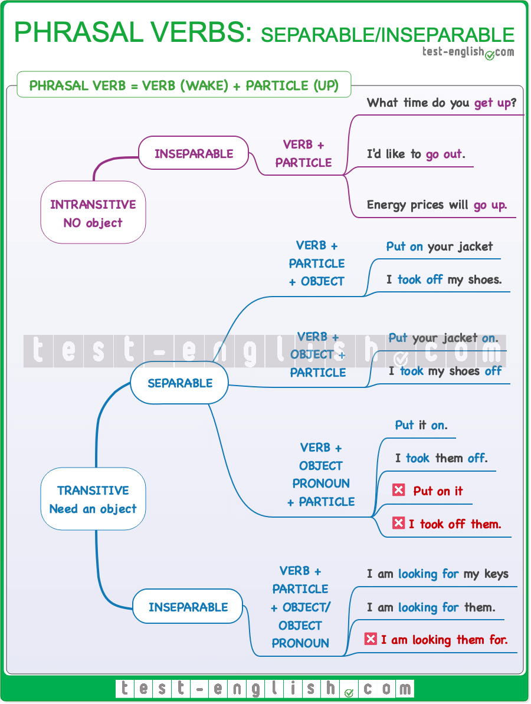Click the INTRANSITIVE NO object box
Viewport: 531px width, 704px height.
click(x=93, y=213)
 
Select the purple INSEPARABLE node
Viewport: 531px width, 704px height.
click(x=194, y=153)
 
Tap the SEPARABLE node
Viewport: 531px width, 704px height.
click(x=179, y=383)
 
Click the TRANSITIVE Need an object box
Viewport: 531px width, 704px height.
click(x=93, y=499)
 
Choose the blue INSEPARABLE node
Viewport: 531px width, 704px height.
click(x=188, y=607)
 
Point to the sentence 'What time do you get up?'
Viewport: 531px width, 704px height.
click(x=441, y=103)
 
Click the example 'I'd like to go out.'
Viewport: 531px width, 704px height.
click(x=416, y=154)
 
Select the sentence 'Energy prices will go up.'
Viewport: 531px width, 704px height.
click(x=437, y=205)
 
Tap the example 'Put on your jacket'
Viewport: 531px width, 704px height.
click(x=439, y=246)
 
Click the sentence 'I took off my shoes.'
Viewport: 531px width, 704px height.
click(x=444, y=279)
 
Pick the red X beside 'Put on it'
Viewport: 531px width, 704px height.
click(x=399, y=490)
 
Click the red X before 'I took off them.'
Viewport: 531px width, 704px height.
click(x=399, y=523)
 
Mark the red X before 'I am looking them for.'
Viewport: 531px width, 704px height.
click(x=371, y=639)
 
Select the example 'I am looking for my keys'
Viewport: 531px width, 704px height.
click(x=437, y=574)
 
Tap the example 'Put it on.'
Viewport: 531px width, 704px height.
click(x=421, y=425)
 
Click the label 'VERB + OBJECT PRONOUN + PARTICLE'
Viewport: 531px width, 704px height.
click(x=321, y=475)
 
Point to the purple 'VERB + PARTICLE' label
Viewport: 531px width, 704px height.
click(x=303, y=153)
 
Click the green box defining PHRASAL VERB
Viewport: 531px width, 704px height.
click(x=184, y=85)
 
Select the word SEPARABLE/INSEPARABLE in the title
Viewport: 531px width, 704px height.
click(x=388, y=34)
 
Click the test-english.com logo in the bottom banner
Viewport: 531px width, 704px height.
click(x=265, y=688)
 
